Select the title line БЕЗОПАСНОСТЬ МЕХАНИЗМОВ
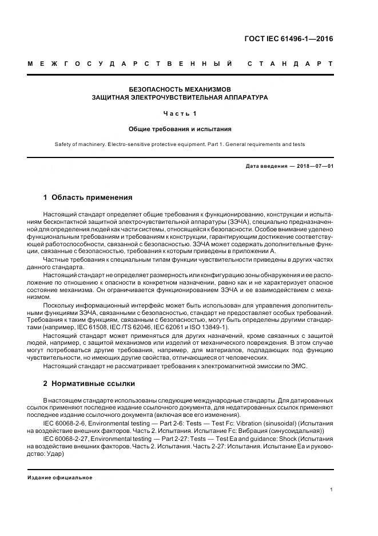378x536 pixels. coord(180,89)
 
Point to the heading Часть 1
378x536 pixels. coord(180,113)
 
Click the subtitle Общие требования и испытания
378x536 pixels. coord(180,129)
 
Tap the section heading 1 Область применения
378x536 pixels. coord(87,198)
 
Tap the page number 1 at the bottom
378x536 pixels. coord(331,490)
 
